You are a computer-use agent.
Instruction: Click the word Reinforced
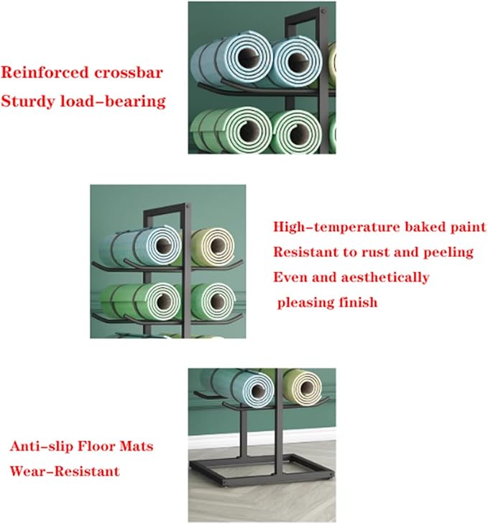45,73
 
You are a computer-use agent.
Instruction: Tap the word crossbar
129,73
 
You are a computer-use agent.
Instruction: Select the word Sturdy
28,101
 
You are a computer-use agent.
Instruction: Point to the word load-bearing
113,101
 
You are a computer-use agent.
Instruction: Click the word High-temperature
336,227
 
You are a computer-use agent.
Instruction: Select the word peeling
448,253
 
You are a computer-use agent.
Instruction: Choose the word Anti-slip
42,446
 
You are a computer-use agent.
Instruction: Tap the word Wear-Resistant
65,471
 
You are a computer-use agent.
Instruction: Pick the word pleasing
305,303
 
